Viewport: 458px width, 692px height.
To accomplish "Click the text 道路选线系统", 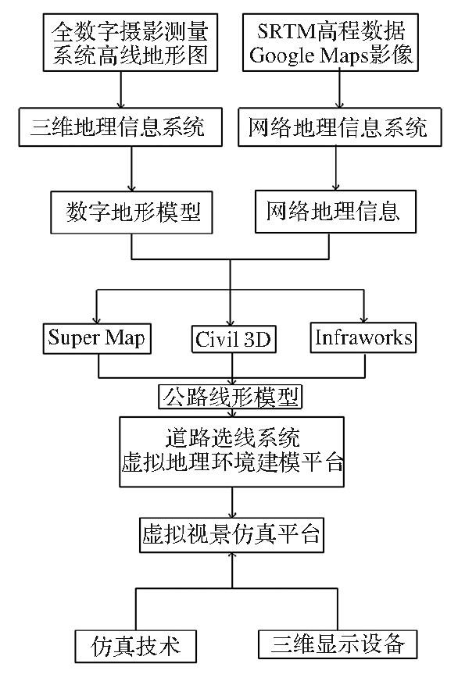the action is tap(232, 438).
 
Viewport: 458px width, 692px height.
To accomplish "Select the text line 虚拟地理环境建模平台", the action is tap(232, 462).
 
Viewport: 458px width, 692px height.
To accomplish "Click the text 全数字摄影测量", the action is tap(131, 32).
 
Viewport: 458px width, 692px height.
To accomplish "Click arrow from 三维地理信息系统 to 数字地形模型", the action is tap(131, 169).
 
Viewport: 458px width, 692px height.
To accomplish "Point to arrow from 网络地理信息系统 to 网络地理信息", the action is tap(335, 168).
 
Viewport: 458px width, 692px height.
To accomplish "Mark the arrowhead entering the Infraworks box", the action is tap(363, 319).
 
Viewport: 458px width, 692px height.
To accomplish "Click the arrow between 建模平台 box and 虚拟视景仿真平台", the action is tap(232, 502).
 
